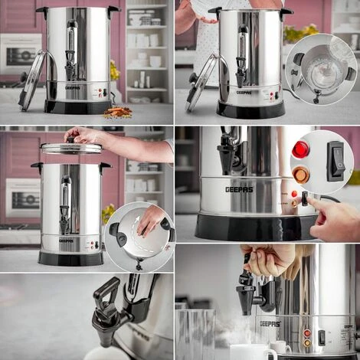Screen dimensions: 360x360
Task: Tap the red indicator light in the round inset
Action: (300, 149)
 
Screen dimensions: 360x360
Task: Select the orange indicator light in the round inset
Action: (300, 175)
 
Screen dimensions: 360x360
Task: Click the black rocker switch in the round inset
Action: (335, 161)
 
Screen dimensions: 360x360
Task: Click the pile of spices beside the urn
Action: (118, 112)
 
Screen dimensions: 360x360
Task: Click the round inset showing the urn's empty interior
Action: (320, 69)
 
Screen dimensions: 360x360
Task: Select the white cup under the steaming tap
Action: (254, 350)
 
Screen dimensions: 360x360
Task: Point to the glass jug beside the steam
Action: (195, 333)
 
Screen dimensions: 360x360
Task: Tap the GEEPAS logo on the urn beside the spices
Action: (73, 87)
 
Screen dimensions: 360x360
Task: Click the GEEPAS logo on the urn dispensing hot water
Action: (270, 323)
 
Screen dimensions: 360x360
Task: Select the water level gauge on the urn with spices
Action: (70, 50)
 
